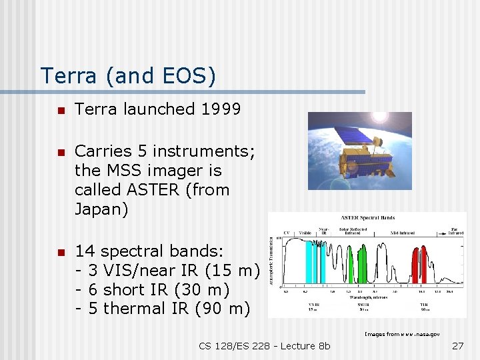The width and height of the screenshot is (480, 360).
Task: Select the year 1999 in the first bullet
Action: coord(221,109)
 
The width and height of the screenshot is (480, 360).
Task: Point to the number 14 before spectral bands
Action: coord(85,251)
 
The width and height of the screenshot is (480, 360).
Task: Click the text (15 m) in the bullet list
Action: coord(233,271)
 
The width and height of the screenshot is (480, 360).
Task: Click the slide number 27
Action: coord(457,345)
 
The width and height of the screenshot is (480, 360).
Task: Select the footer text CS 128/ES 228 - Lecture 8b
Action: coord(264,345)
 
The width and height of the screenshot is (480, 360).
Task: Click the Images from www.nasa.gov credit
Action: coord(402,333)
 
